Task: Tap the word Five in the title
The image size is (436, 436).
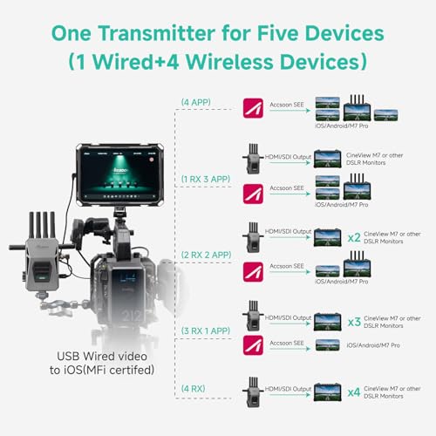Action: click(304, 32)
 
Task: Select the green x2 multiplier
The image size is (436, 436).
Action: click(353, 236)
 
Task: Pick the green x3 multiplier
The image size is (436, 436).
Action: click(353, 321)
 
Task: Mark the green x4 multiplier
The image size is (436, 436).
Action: click(353, 392)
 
